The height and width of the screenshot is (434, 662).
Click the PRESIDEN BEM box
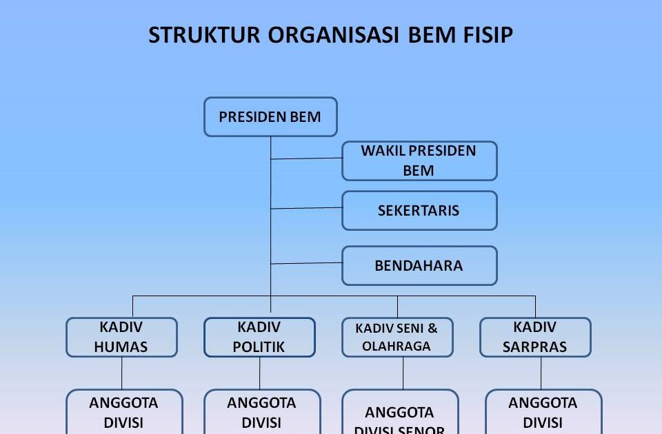(270, 117)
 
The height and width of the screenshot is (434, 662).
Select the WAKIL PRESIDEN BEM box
(419, 161)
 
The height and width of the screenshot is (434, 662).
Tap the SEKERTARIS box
(419, 210)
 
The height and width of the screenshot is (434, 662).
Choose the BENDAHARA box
(419, 265)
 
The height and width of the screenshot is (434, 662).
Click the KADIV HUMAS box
(121, 337)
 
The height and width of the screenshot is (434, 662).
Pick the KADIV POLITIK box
(259, 337)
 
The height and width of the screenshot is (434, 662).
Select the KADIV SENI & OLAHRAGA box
(397, 337)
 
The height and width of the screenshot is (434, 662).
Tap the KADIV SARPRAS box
(535, 337)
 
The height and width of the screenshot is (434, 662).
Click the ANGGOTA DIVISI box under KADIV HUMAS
(124, 412)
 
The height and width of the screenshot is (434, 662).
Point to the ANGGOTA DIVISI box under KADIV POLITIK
(262, 412)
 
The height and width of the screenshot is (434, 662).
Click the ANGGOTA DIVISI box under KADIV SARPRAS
(543, 412)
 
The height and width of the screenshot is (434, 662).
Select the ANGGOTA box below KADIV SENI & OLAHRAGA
(400, 413)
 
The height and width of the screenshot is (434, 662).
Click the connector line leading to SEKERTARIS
(307, 207)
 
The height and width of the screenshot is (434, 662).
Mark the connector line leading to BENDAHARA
(307, 262)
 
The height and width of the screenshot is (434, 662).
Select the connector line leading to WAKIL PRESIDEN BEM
(307, 158)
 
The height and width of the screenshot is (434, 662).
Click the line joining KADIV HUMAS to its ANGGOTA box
(122, 373)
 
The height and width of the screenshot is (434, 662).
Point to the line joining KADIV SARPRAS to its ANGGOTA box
(541, 373)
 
